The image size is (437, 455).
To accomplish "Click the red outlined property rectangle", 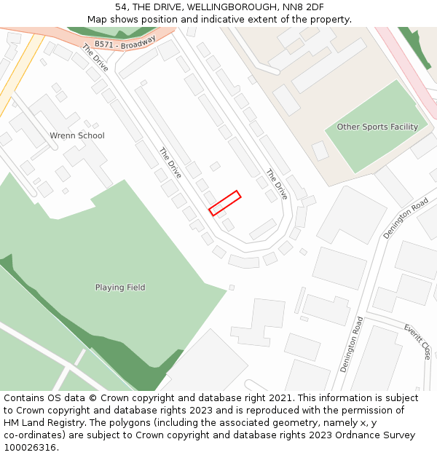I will coord(224,203).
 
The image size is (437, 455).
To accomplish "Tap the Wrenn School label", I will coord(76,135).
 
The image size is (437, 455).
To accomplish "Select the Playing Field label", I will coord(120,288).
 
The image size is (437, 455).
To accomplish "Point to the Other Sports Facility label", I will coord(377,127).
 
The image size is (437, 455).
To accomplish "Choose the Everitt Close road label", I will coord(417,341).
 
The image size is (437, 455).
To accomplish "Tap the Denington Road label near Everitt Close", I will coord(350,344).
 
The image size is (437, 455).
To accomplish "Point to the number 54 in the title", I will coord(121,7).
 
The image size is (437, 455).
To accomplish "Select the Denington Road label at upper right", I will coord(406,218).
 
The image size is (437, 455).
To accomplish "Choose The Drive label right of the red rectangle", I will coord(276,185).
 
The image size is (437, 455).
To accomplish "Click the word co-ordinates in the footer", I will coord(32,435).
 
